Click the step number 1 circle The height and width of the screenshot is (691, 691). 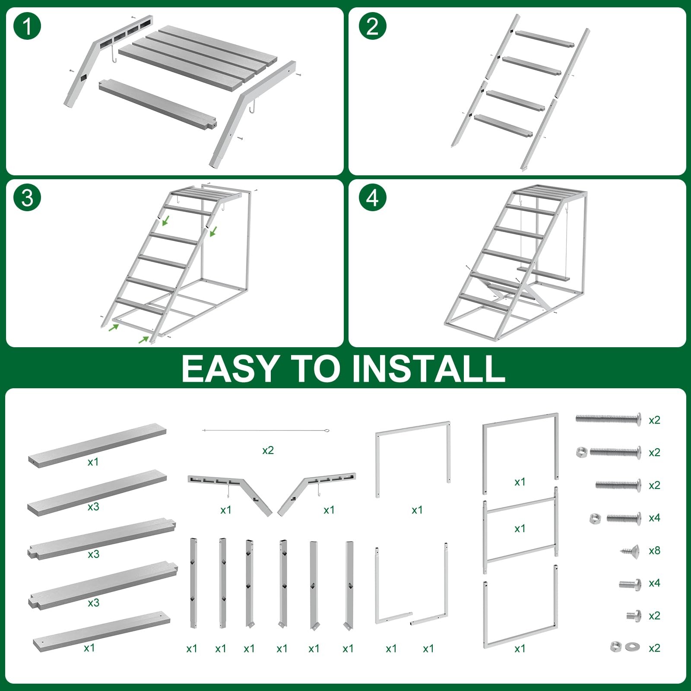tap(27, 26)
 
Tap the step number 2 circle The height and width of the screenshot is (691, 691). tap(372, 26)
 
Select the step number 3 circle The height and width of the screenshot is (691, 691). tap(27, 198)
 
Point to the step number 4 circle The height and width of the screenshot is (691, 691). tap(372, 198)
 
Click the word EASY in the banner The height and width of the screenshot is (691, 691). tap(229, 368)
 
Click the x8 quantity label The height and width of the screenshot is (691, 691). tap(654, 551)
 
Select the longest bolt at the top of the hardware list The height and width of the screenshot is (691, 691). tap(608, 418)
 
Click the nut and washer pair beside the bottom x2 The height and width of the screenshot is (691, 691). tap(623, 647)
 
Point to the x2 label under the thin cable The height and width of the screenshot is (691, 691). tap(268, 450)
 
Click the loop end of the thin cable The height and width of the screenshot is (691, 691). tap(327, 431)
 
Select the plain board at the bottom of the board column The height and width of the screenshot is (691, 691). tap(101, 631)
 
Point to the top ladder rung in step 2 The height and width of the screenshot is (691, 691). tap(544, 39)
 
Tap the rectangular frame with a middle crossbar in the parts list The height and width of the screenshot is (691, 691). tap(520, 530)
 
